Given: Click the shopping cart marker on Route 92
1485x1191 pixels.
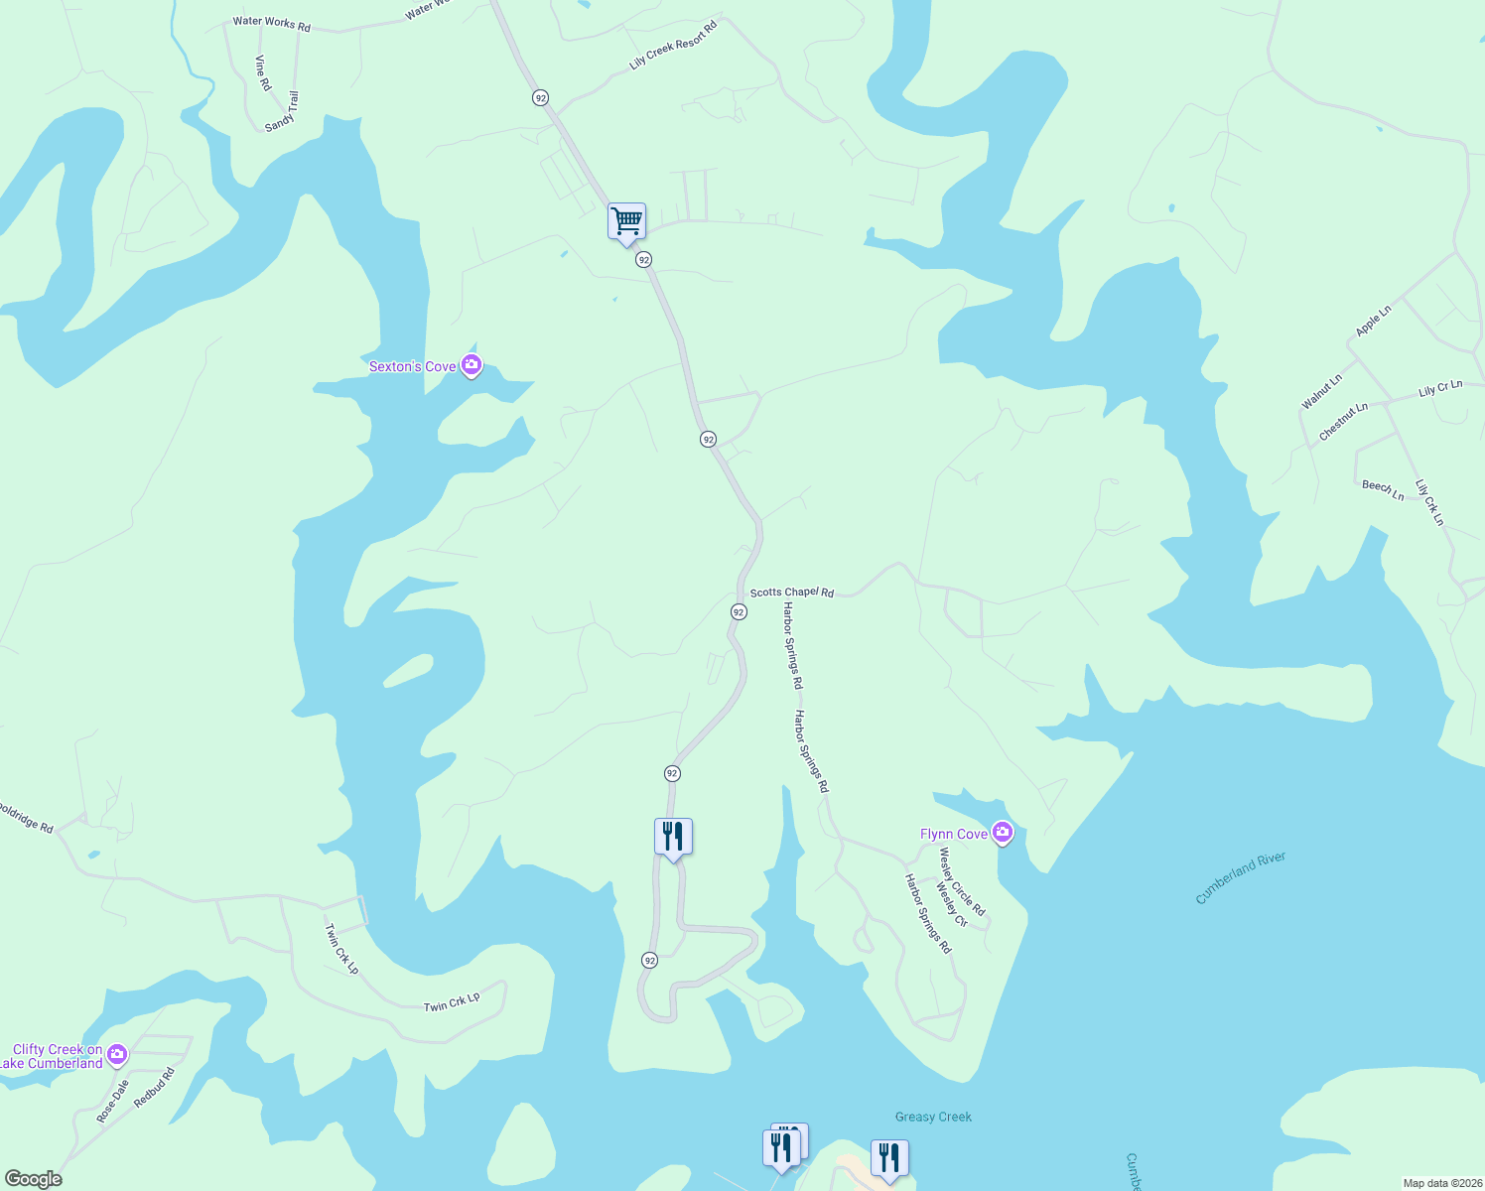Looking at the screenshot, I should coord(626,221).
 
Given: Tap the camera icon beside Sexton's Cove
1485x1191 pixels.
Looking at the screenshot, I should coord(472,366).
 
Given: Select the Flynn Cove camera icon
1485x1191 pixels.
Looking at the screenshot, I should coord(1003,833).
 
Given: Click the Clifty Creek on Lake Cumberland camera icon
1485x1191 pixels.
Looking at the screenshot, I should coord(117,1054).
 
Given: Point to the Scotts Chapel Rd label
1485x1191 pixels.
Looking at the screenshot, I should coord(791,593).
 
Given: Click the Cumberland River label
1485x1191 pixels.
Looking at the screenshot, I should coord(1240,877).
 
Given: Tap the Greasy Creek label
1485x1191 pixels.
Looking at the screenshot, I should coord(933,1117).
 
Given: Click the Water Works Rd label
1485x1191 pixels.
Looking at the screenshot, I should coord(271,23).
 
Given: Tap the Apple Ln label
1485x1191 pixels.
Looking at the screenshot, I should coord(1374,321).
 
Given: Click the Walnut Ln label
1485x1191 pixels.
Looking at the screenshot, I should coord(1321,391).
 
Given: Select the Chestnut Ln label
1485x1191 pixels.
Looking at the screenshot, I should coord(1343,422).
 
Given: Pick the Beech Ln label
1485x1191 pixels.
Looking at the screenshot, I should coord(1383,488).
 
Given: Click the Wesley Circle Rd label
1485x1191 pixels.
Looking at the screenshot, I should coord(962,882).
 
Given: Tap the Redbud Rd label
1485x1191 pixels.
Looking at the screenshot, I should coord(154,1088).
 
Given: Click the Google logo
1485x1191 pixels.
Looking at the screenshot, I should coord(34,1178).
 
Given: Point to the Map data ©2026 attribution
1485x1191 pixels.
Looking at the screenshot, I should coord(1441,1183).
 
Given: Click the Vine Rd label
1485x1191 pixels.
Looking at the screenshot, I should coord(262,72).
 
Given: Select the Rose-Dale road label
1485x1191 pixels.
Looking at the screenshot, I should coord(113,1102).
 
